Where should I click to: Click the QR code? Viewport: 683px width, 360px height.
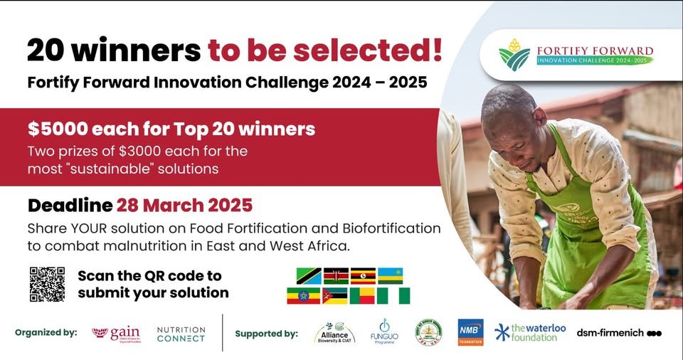47,284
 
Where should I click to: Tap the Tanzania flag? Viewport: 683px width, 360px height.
308,276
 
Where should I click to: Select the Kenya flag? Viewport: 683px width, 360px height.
336,276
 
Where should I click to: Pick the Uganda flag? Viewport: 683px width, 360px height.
363,276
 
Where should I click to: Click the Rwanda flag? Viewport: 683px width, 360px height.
390,276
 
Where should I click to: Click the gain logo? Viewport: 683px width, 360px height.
117,333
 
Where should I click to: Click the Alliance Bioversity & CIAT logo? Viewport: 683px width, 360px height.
334,333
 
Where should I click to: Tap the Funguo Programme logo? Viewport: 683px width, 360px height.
383,332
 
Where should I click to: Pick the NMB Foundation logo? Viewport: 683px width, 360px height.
470,332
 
